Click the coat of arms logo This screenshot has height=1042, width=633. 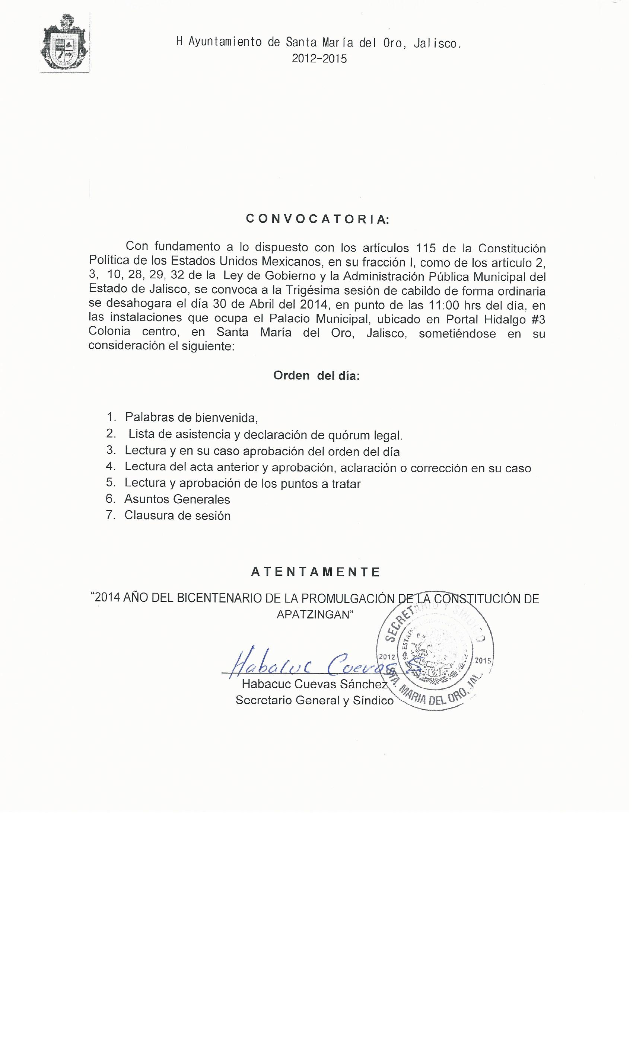(64, 44)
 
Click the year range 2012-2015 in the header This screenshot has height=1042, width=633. (319, 59)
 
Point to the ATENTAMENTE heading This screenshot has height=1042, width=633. (316, 572)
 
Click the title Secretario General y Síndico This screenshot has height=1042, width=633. (314, 700)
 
